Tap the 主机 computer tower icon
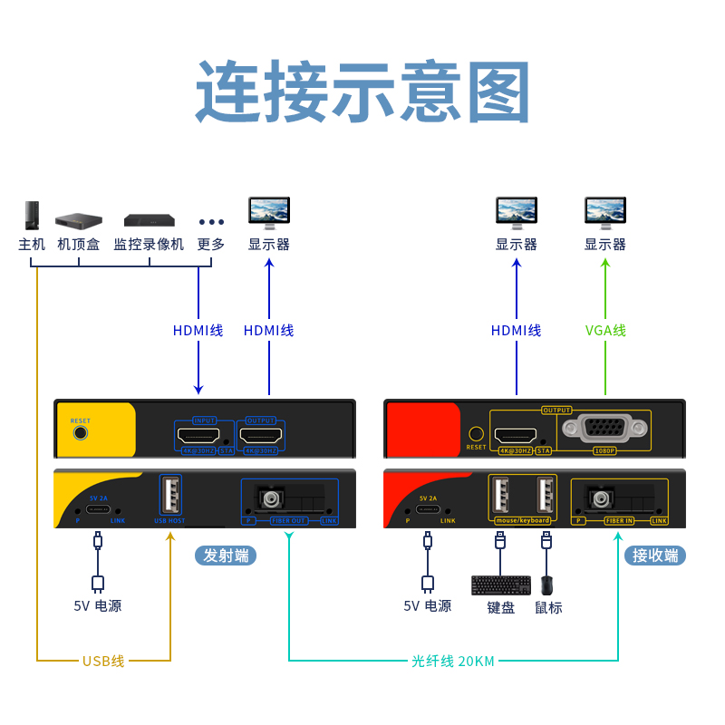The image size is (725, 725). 32,215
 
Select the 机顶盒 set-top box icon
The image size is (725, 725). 79,219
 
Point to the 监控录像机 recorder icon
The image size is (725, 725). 149,219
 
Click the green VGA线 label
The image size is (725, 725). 605,331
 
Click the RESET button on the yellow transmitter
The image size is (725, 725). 81,432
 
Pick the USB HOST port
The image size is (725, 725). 169,496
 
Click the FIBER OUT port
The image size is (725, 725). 271,498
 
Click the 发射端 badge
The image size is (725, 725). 226,556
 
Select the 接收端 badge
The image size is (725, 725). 655,556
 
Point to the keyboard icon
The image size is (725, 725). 501,585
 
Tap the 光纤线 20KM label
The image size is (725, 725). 453,661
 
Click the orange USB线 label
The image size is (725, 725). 103,661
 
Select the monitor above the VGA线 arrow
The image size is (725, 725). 605,212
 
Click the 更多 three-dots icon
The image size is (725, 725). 211,222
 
